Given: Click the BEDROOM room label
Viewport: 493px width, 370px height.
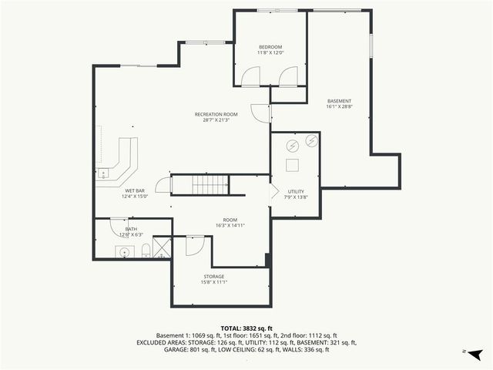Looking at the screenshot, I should tap(270, 48).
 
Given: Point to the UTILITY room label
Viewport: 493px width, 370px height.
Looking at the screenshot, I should tap(297, 191).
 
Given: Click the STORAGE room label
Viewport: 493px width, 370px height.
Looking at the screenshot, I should tap(214, 276).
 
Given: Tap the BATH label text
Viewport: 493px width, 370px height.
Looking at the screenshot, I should tap(132, 229).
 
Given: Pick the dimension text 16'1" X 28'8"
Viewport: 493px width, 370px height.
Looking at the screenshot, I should tap(339, 107).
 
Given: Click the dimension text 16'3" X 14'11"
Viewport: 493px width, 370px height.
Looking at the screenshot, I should tap(230, 226).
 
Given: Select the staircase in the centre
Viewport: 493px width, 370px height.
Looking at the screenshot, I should tap(210, 185).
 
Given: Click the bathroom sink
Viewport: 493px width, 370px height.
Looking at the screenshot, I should tap(123, 251).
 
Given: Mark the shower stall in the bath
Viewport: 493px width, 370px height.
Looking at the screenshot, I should tap(162, 247).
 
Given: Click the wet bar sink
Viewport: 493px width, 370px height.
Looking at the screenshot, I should tap(102, 173).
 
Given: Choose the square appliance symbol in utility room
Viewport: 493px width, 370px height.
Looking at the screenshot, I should tap(293, 165).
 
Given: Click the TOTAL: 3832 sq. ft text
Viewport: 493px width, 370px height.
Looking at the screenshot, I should tap(246, 328).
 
